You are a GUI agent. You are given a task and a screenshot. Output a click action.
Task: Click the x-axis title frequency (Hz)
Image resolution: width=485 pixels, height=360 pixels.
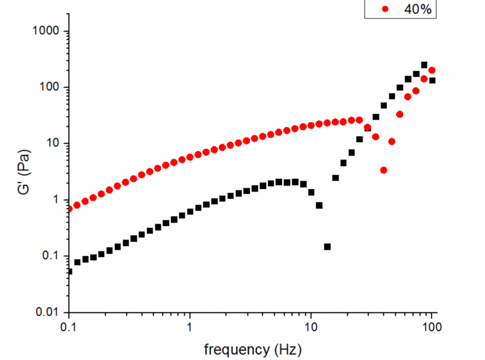pos(252,349)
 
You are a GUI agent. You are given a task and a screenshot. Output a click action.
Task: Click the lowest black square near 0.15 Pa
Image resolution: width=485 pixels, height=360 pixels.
pos(327,247)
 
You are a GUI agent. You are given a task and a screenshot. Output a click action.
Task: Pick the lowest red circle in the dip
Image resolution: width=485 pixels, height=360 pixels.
pos(384,170)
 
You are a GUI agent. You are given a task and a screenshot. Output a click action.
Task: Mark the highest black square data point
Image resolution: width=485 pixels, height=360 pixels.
pos(424,65)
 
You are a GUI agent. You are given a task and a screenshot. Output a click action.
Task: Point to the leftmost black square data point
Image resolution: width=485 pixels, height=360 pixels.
pos(69,272)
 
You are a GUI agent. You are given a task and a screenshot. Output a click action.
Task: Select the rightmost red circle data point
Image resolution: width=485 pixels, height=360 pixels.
pos(432,70)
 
